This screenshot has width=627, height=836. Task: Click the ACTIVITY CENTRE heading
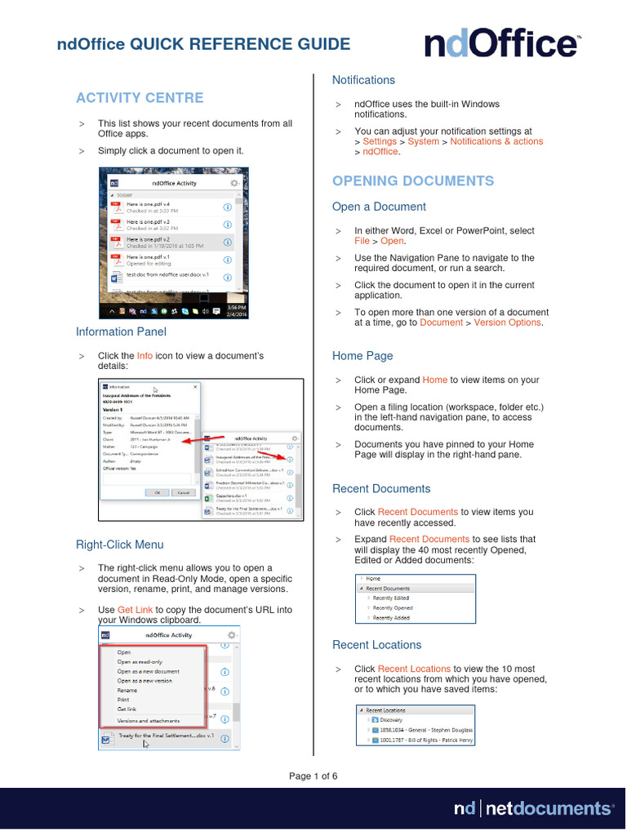click(x=140, y=98)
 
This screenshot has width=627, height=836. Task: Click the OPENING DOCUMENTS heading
click(x=412, y=181)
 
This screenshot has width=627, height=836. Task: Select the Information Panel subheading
click(x=121, y=331)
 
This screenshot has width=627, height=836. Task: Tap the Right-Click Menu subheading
click(x=119, y=545)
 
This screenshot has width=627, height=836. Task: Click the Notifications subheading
click(x=363, y=80)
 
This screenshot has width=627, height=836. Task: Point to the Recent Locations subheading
click(x=376, y=645)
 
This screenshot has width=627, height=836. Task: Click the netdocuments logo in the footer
click(x=532, y=808)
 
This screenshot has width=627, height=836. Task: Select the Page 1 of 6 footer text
click(x=313, y=776)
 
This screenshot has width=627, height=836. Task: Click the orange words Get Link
click(x=135, y=610)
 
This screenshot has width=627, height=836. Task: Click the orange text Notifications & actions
click(x=496, y=141)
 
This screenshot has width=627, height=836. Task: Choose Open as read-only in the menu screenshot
click(x=140, y=662)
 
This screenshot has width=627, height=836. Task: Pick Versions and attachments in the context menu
click(x=149, y=721)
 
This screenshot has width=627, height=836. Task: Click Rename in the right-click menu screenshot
click(x=127, y=691)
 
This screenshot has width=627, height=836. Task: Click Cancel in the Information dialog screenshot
click(x=183, y=492)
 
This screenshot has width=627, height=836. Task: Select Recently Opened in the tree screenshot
click(x=393, y=608)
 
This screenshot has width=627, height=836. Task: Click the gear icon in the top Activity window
click(x=235, y=184)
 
